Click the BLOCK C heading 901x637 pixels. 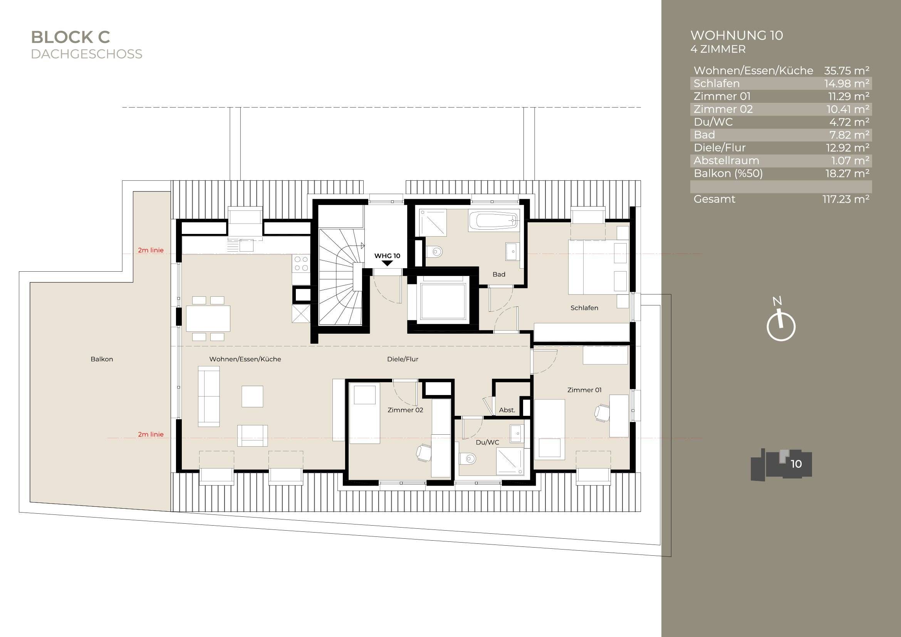[70, 37]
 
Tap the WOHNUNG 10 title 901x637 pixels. [736, 36]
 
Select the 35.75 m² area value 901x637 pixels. [846, 71]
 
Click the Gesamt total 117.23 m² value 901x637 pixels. [846, 199]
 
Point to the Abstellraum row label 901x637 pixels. [726, 161]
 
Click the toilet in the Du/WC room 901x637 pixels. [468, 458]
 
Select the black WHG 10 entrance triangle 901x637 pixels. [387, 263]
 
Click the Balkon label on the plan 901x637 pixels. [102, 359]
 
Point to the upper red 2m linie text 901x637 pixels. [151, 250]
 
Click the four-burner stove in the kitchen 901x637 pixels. [301, 263]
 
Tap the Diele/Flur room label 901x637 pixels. [402, 359]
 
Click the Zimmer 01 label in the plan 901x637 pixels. [584, 390]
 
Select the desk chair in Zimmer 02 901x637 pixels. [423, 452]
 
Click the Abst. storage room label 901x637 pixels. [507, 410]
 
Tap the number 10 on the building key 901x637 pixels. [796, 464]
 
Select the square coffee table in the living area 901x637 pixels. [252, 396]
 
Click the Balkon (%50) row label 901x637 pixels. [728, 173]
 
